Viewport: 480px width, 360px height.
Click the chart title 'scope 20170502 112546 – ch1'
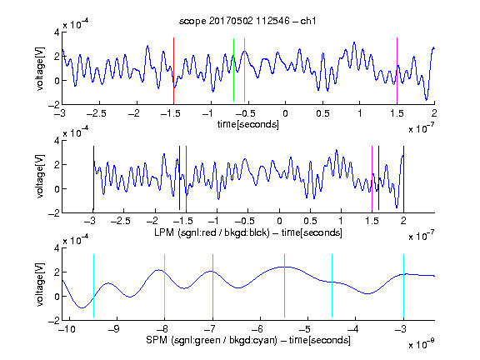tap(247, 21)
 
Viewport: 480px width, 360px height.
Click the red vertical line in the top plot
tap(173, 71)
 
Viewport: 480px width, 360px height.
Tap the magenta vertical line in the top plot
tap(397, 71)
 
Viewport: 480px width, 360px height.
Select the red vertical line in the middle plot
tap(186, 179)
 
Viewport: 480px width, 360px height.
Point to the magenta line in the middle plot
tap(372, 179)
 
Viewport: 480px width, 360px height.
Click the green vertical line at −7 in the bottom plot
tap(212, 286)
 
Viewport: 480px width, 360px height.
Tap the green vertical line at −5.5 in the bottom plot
tap(284, 286)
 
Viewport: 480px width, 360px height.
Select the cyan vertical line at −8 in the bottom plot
tap(164, 286)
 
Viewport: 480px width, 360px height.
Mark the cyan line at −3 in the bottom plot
tap(403, 286)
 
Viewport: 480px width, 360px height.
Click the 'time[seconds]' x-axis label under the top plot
tap(248, 124)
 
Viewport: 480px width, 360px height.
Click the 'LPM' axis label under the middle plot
tap(164, 232)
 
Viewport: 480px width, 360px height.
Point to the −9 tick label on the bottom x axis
tap(114, 329)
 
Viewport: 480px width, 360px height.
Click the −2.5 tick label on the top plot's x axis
tap(97, 113)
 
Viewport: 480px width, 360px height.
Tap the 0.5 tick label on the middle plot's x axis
tap(310, 221)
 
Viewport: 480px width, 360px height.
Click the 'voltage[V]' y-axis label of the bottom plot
tap(40, 284)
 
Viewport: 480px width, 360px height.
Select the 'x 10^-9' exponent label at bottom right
tap(421, 344)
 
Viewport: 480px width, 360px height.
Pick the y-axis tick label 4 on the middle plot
tap(57, 141)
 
